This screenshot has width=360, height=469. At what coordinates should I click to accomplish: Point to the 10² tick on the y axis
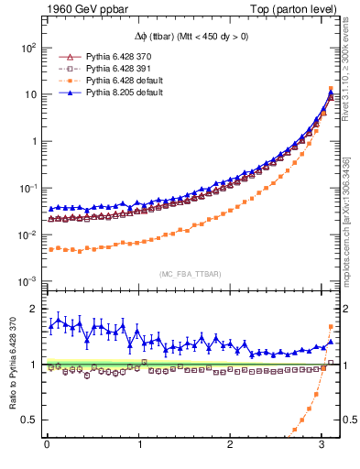28,47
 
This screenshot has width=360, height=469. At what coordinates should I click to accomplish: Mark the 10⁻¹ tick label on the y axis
28,188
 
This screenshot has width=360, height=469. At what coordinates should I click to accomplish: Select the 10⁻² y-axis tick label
28,234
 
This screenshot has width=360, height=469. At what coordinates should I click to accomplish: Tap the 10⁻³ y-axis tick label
28,281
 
